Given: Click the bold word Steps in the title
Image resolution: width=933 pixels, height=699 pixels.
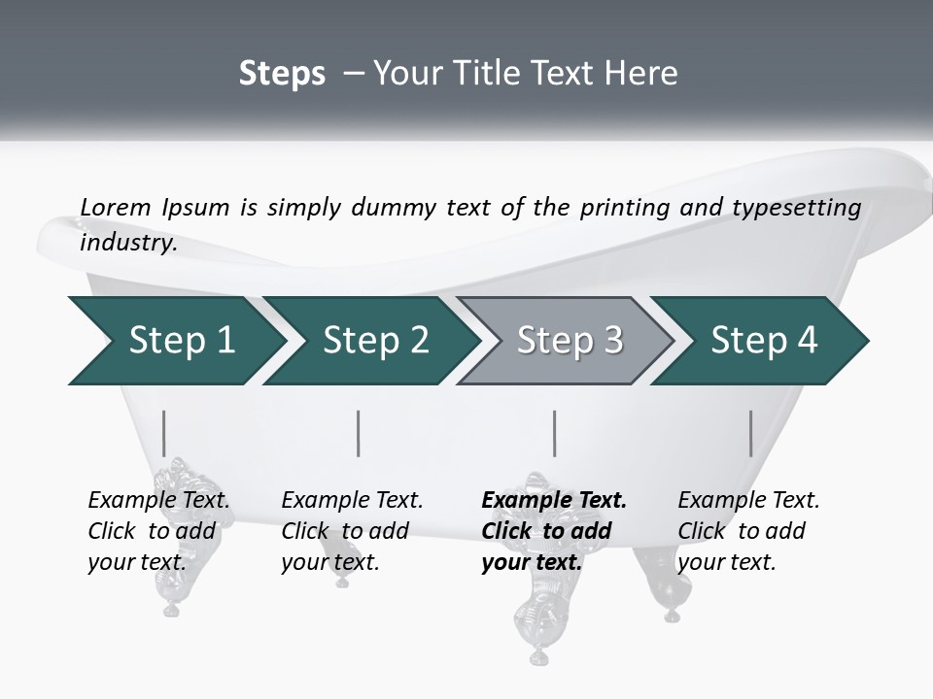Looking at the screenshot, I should [x=282, y=74].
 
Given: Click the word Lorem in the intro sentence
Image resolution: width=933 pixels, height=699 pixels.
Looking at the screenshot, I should [x=115, y=207].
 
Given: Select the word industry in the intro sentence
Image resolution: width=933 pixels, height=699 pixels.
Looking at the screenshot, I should [x=128, y=243].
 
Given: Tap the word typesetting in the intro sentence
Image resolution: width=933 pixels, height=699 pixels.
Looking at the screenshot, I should [x=794, y=208].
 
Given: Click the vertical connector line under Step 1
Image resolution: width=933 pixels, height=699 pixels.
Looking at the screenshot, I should [x=164, y=433].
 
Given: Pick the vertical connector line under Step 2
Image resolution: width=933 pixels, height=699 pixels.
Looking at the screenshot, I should [x=359, y=433].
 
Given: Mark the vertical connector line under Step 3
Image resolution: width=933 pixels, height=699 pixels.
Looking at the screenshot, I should [x=555, y=433].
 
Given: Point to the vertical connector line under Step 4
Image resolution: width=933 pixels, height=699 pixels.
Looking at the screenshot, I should [x=751, y=433].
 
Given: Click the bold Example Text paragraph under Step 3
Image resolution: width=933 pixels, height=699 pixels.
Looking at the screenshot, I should [x=553, y=531].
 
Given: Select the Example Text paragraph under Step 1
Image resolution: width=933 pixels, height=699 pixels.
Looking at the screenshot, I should [x=158, y=531].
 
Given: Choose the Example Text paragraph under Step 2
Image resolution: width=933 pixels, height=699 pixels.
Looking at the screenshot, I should [x=352, y=531].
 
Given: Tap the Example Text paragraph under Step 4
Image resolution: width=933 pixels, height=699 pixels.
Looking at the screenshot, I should [x=748, y=531].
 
